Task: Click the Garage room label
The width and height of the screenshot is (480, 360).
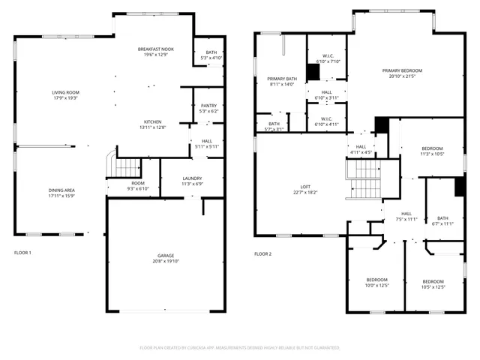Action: tap(165, 256)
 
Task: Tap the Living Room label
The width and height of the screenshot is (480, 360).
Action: tap(66, 92)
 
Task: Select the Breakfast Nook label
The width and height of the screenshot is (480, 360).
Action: tap(155, 49)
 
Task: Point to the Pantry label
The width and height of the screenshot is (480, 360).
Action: tap(208, 106)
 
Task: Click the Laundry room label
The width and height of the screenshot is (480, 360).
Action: tap(193, 178)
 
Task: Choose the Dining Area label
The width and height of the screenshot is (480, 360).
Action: tap(61, 190)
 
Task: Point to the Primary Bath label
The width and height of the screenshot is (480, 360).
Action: tap(283, 79)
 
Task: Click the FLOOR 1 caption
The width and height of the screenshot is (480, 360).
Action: tap(23, 253)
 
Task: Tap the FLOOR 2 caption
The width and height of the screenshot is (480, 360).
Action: tap(262, 253)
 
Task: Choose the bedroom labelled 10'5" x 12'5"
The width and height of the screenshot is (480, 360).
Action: tap(433, 281)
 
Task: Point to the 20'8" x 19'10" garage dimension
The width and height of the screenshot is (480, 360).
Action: tap(165, 261)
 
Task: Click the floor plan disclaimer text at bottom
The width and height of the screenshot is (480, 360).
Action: tap(240, 348)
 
